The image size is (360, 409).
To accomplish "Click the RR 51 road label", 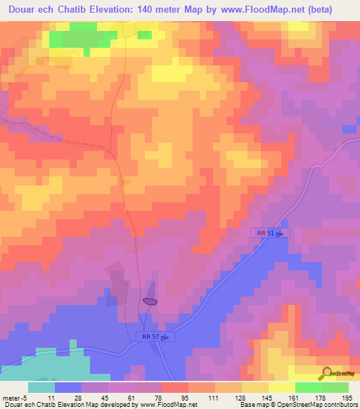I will (270, 233).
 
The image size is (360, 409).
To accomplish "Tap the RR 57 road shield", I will (154, 337).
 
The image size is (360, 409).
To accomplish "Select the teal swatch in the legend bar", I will (41, 387).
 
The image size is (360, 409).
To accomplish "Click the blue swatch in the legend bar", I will (68, 387).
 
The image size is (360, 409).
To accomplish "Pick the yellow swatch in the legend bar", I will (282, 387).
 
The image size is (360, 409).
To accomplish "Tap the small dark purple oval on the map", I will (150, 301).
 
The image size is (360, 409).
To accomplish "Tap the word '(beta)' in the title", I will (335, 11).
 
